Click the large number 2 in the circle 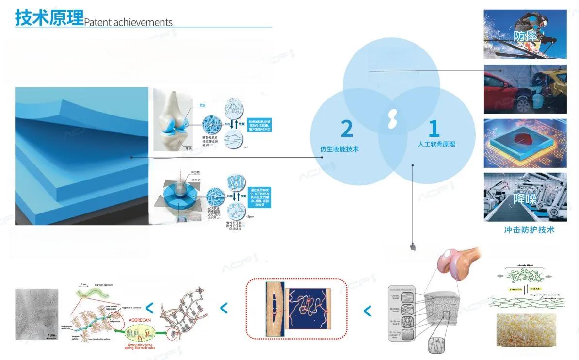pyautogui.click(x=346, y=128)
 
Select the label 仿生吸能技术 pyautogui.click(x=339, y=149)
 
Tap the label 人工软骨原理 pyautogui.click(x=436, y=144)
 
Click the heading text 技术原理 pyautogui.click(x=49, y=18)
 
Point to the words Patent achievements pyautogui.click(x=129, y=22)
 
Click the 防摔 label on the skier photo pyautogui.click(x=524, y=36)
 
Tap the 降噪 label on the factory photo pyautogui.click(x=523, y=199)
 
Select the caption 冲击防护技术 pyautogui.click(x=529, y=230)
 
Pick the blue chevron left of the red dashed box pyautogui.click(x=224, y=308)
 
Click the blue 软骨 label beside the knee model pyautogui.click(x=203, y=105)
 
